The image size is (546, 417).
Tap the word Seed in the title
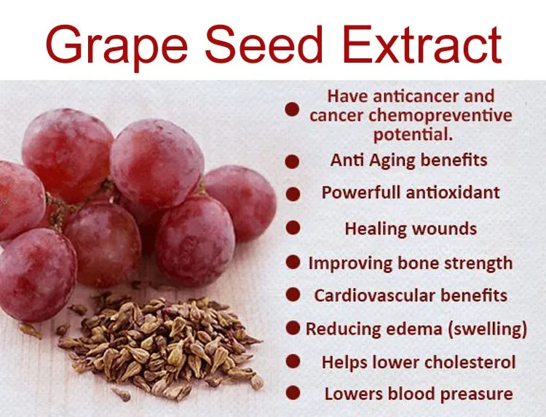click(x=264, y=44)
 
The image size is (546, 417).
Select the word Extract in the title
click(x=422, y=44)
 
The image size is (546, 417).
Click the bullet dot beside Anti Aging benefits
click(x=292, y=162)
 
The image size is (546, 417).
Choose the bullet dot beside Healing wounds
click(x=293, y=227)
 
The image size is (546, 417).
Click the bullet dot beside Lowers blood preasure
click(x=293, y=393)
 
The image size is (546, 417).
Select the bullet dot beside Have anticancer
click(x=292, y=109)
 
